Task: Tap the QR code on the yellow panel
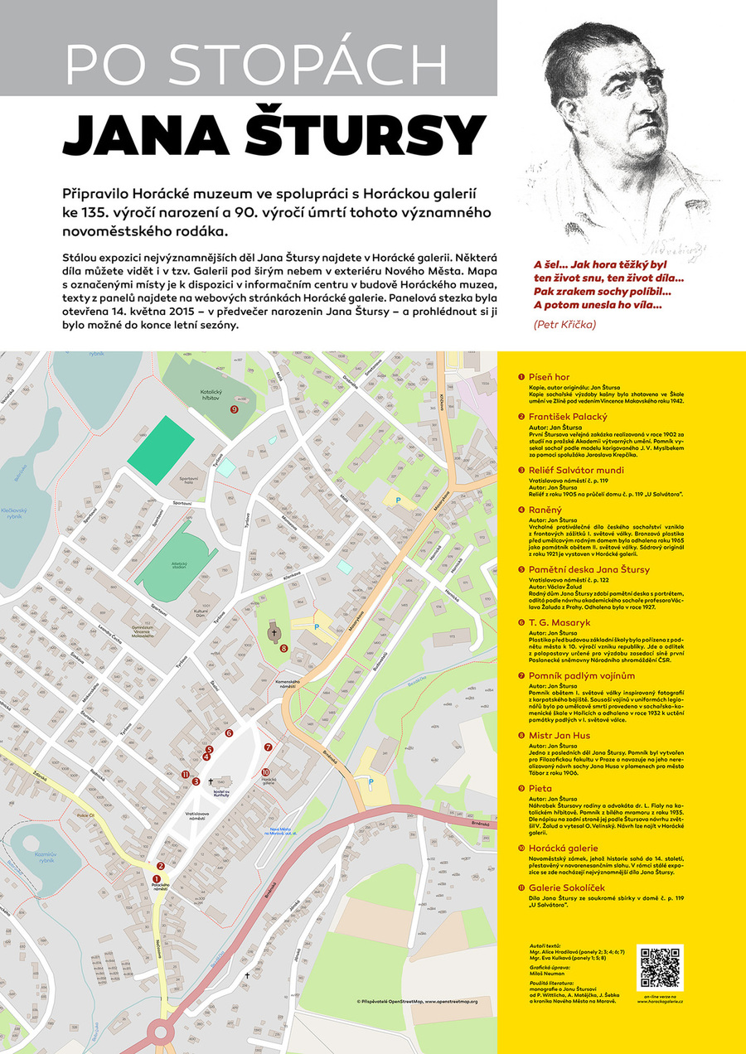pos(660,967)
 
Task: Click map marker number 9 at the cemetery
pos(234,409)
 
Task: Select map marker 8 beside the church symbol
pos(283,625)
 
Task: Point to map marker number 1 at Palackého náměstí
pos(157,878)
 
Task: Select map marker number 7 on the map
pos(268,747)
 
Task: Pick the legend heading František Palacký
pos(569,416)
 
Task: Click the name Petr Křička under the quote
pos(565,324)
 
